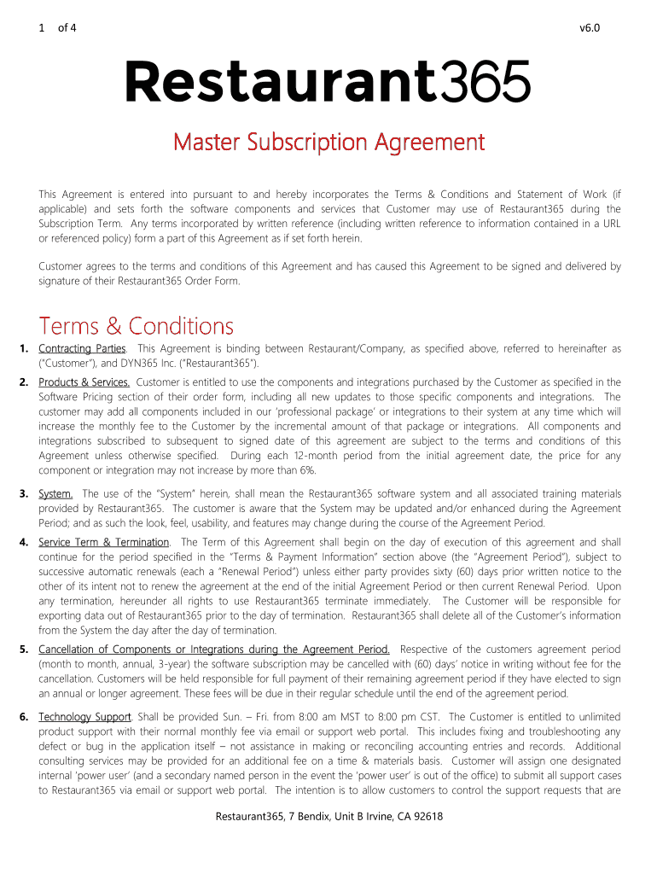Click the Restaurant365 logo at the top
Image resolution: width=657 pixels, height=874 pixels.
pyautogui.click(x=328, y=82)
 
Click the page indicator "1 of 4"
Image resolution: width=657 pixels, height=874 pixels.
pyautogui.click(x=57, y=27)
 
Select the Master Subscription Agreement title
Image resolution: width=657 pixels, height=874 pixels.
pyautogui.click(x=328, y=142)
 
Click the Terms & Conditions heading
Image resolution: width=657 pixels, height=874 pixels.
pyautogui.click(x=136, y=326)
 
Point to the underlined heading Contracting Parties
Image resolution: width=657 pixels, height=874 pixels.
pyautogui.click(x=82, y=348)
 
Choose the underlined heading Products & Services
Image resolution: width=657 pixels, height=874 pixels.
pyautogui.click(x=84, y=382)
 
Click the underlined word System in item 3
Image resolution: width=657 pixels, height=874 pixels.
pyautogui.click(x=55, y=493)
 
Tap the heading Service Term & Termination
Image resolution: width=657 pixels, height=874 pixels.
pyautogui.click(x=104, y=542)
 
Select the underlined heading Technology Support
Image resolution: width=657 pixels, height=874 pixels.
pyautogui.click(x=84, y=716)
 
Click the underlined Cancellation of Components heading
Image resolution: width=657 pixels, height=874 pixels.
pyautogui.click(x=214, y=650)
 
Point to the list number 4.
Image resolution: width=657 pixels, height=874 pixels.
pyautogui.click(x=24, y=542)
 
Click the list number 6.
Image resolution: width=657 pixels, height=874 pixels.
pyautogui.click(x=24, y=716)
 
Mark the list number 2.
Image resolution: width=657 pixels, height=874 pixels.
pyautogui.click(x=24, y=382)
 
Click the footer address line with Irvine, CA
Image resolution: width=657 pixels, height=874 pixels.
pyautogui.click(x=328, y=817)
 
